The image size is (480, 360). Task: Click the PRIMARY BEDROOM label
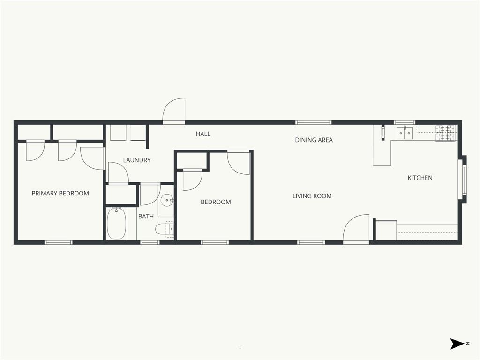(60, 194)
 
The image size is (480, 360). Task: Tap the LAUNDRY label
(137, 160)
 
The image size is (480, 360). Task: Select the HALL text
(203, 134)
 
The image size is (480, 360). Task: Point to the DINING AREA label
(314, 140)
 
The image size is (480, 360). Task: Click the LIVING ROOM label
(312, 196)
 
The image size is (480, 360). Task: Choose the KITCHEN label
(420, 178)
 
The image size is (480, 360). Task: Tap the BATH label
(146, 217)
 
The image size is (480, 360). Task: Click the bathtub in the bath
(116, 224)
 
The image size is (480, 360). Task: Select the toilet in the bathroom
(165, 229)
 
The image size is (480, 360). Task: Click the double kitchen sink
(405, 133)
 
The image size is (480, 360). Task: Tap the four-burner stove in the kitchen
(445, 133)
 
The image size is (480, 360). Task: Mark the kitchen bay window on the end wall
(464, 180)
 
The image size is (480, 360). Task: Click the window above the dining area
(314, 122)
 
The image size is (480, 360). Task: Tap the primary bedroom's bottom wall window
(59, 242)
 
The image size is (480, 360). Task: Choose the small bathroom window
(150, 242)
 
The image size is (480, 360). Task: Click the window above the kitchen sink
(404, 122)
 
